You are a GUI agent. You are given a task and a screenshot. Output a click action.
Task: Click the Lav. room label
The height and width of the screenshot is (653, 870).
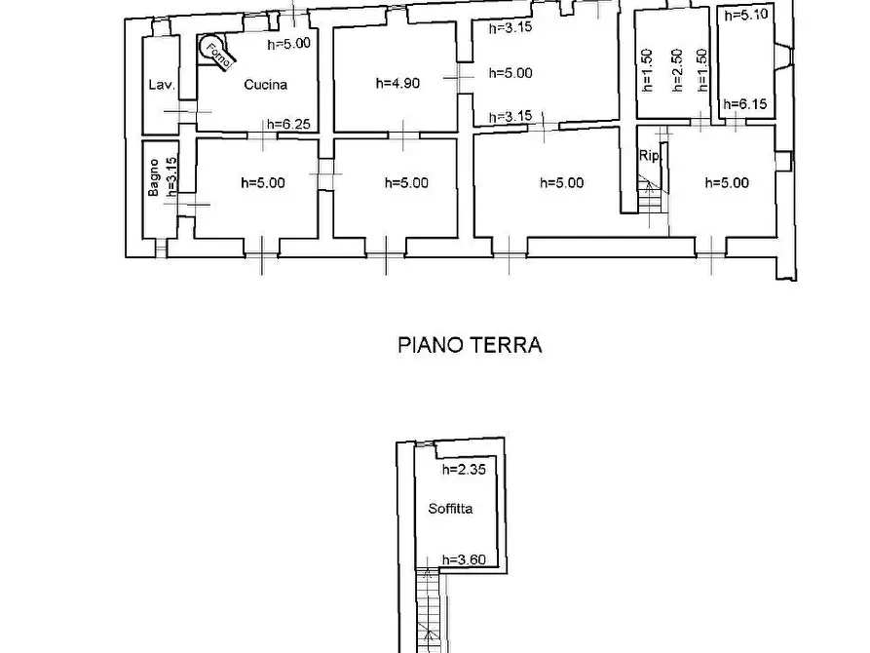click(x=161, y=86)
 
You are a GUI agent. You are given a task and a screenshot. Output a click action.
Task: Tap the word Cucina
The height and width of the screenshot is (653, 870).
click(x=266, y=85)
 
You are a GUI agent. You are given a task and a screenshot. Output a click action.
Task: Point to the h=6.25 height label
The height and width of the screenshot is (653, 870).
click(x=289, y=124)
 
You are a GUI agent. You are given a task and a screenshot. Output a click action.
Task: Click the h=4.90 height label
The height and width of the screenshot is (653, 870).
click(x=397, y=84)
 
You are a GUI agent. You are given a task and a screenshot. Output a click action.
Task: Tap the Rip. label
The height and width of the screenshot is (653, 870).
click(x=648, y=156)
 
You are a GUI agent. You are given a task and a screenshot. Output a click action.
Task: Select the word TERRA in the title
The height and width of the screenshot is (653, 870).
click(x=508, y=345)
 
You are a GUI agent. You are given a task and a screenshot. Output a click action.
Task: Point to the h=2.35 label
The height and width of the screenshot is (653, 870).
click(x=463, y=470)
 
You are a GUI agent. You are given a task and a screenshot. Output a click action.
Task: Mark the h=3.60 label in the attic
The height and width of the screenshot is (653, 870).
click(x=463, y=559)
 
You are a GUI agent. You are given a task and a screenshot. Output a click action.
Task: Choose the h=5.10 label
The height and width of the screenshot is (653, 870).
click(x=744, y=15)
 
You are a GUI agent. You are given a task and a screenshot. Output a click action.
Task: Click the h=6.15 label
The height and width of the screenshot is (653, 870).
click(x=744, y=103)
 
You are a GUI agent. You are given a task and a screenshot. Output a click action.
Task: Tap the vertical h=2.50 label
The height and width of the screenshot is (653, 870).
click(x=676, y=71)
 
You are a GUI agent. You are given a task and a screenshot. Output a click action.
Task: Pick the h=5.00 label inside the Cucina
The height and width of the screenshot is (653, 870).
click(x=289, y=44)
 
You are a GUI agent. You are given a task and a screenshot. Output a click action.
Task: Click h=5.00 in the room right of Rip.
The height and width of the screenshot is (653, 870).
click(x=727, y=182)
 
